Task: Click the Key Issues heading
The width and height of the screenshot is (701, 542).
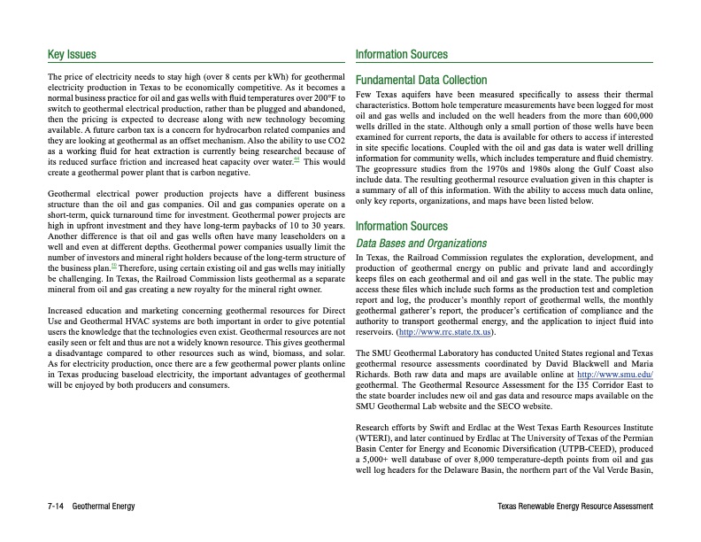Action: [x=72, y=55]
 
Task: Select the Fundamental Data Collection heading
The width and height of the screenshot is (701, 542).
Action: [x=420, y=81]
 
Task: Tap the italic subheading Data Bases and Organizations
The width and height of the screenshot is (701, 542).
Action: [x=420, y=243]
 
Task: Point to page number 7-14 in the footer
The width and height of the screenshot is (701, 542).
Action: [x=58, y=506]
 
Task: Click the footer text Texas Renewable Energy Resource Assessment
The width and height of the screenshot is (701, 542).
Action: [x=575, y=506]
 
